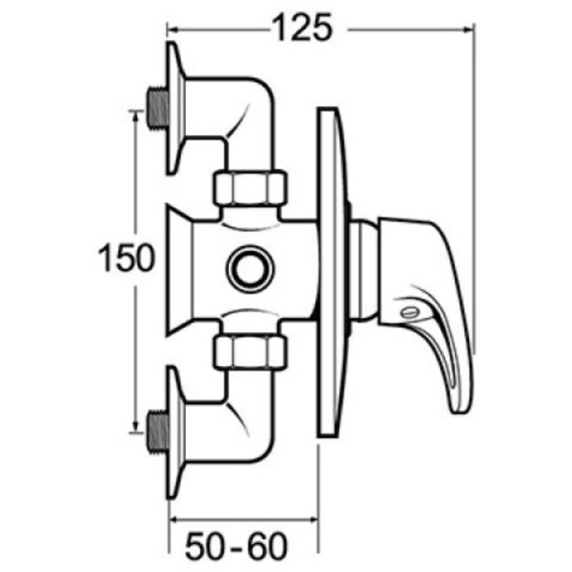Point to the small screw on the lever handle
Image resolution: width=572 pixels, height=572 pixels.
point(409,312)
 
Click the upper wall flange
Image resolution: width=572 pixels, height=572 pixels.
point(174,107)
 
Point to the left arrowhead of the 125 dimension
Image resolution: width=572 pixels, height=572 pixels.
point(172,29)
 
